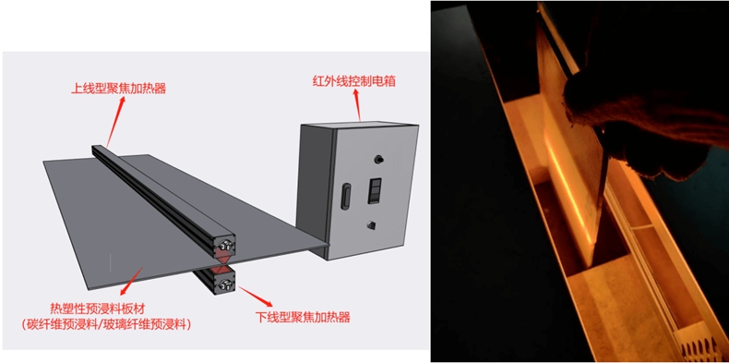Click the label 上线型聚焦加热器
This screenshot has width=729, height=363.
coord(118,88)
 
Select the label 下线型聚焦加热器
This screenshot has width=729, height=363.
coord(303,318)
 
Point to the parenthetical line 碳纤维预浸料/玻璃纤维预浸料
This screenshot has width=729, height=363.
coord(106,325)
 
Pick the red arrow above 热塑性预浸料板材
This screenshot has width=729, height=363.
coord(132,281)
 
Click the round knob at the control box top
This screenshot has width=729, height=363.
coord(379,159)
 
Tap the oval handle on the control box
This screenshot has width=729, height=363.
coord(346,195)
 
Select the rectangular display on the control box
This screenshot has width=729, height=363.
coord(375,190)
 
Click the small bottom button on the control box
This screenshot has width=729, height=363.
coord(371,225)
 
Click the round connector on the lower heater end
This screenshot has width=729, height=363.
coord(226,285)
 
